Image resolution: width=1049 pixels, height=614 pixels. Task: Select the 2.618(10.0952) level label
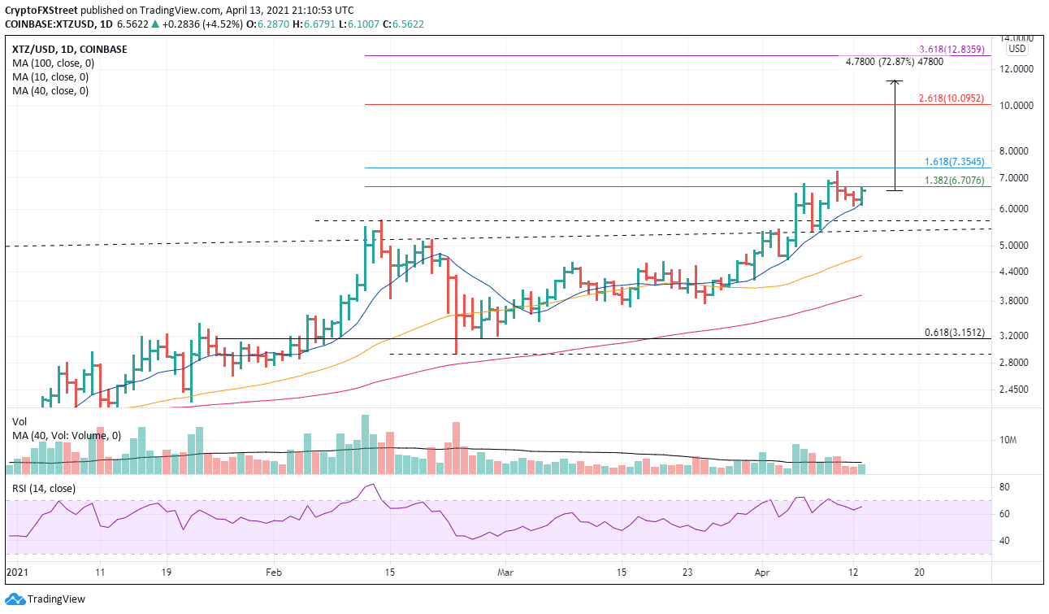(951, 98)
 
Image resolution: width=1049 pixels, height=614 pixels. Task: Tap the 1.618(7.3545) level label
(955, 162)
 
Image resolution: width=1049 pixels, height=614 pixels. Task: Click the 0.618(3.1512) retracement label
(955, 332)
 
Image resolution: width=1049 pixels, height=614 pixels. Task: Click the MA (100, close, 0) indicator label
(50, 63)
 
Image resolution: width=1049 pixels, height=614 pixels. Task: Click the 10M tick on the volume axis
(1008, 440)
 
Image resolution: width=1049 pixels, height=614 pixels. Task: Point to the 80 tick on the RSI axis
(1004, 487)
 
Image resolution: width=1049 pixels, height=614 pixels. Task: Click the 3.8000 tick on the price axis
(1016, 300)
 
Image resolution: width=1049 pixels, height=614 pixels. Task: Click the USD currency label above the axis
(1016, 48)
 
